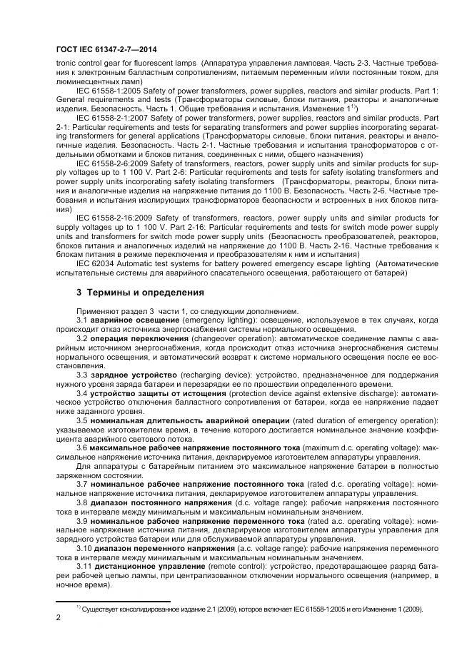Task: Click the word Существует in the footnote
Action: click(104, 609)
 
